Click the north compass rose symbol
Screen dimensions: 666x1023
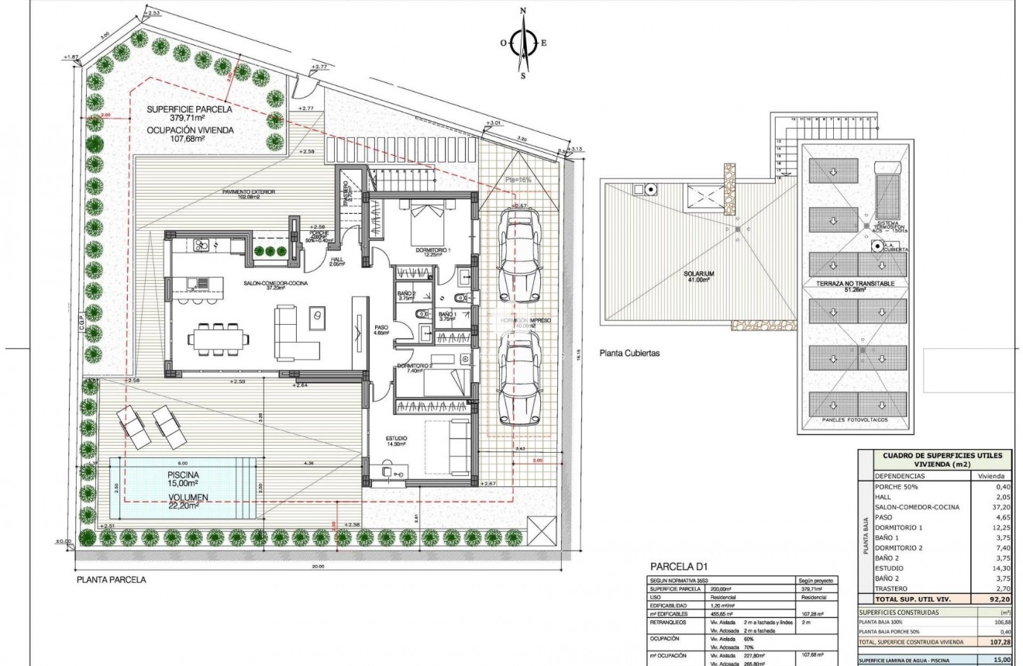[524, 43]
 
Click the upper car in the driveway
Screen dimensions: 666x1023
[518, 255]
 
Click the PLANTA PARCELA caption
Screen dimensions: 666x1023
[111, 579]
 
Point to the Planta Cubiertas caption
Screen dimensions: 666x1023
[629, 353]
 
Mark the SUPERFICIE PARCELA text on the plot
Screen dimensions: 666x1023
[187, 108]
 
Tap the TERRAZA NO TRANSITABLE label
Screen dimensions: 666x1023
[856, 285]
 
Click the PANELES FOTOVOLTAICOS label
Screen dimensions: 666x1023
[856, 420]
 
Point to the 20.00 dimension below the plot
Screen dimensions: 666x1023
[319, 567]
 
